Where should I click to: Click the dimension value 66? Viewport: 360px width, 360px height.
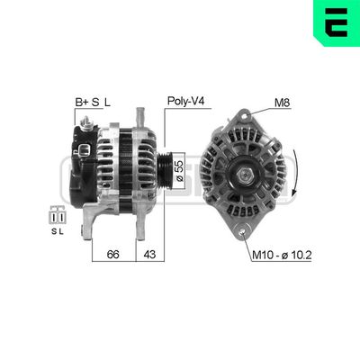(x=113, y=255)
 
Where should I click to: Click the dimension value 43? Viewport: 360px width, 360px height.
(x=150, y=255)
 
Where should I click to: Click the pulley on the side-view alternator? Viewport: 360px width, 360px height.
(x=163, y=167)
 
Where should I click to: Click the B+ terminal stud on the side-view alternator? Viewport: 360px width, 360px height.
(x=86, y=121)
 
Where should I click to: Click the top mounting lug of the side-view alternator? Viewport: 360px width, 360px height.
(x=140, y=118)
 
